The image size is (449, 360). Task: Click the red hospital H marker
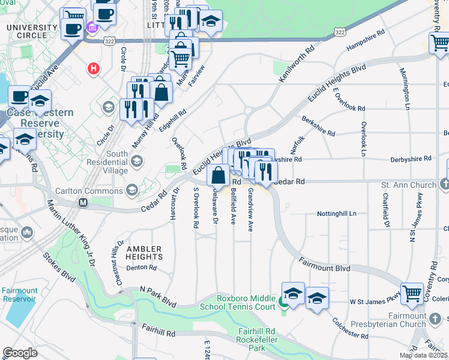[x=93, y=68]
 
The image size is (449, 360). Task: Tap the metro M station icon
[x=83, y=203]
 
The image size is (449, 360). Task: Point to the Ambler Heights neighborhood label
[x=144, y=253]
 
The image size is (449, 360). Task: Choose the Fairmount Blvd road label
[x=324, y=265]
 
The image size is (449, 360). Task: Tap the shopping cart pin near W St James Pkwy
[x=412, y=293]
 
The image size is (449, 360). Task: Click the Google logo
[x=20, y=353]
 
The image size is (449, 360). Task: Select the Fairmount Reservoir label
[x=19, y=295]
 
